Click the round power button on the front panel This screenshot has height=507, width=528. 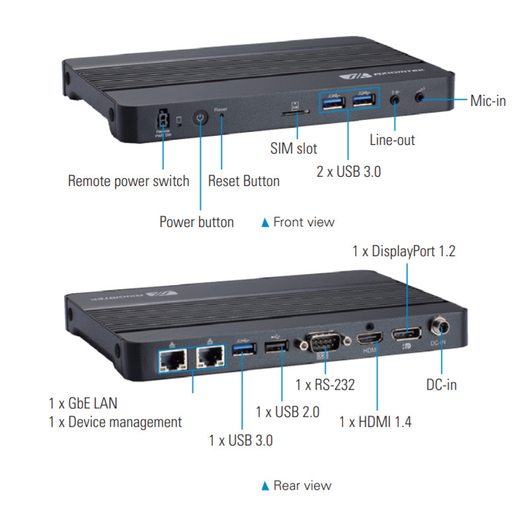pos(200,118)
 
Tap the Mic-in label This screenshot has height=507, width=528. pos(488,101)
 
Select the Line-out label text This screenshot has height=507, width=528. pos(392,140)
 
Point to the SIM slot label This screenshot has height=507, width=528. pos(293,148)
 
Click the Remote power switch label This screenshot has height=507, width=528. pos(128,181)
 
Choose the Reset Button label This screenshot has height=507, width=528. pos(243,181)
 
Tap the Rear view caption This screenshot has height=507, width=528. pos(302,486)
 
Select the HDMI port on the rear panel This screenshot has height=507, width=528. pos(367,340)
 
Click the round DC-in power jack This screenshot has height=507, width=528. pos(439,327)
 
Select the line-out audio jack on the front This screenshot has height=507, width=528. pos(395,99)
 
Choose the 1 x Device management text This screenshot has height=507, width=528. pos(115,422)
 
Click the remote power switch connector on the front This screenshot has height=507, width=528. pos(161,120)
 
